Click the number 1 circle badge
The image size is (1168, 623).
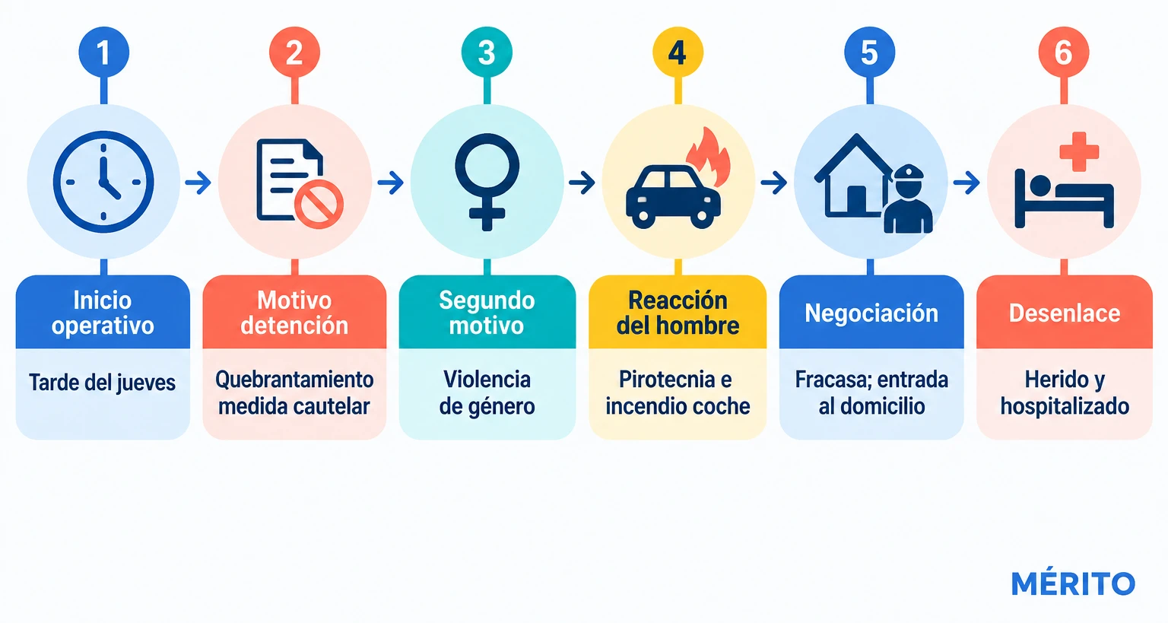click(103, 52)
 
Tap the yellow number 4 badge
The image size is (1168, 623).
click(678, 52)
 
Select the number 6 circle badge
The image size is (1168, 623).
click(1064, 52)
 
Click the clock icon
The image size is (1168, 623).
click(103, 182)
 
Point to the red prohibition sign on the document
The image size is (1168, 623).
click(319, 205)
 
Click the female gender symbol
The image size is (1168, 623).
click(487, 182)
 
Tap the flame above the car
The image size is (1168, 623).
click(709, 157)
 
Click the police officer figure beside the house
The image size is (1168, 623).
click(908, 199)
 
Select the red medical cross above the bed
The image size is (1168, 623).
click(1079, 152)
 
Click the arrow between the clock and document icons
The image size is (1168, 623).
click(198, 183)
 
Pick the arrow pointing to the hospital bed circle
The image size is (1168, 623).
click(966, 183)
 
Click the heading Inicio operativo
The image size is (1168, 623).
click(103, 313)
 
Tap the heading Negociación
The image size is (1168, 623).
click(871, 313)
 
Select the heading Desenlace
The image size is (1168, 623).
click(1065, 313)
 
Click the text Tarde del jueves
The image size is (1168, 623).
click(102, 383)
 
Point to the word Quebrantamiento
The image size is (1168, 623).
click(294, 380)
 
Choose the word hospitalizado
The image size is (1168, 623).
click(1065, 406)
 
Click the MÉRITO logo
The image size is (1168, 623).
click(1073, 583)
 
